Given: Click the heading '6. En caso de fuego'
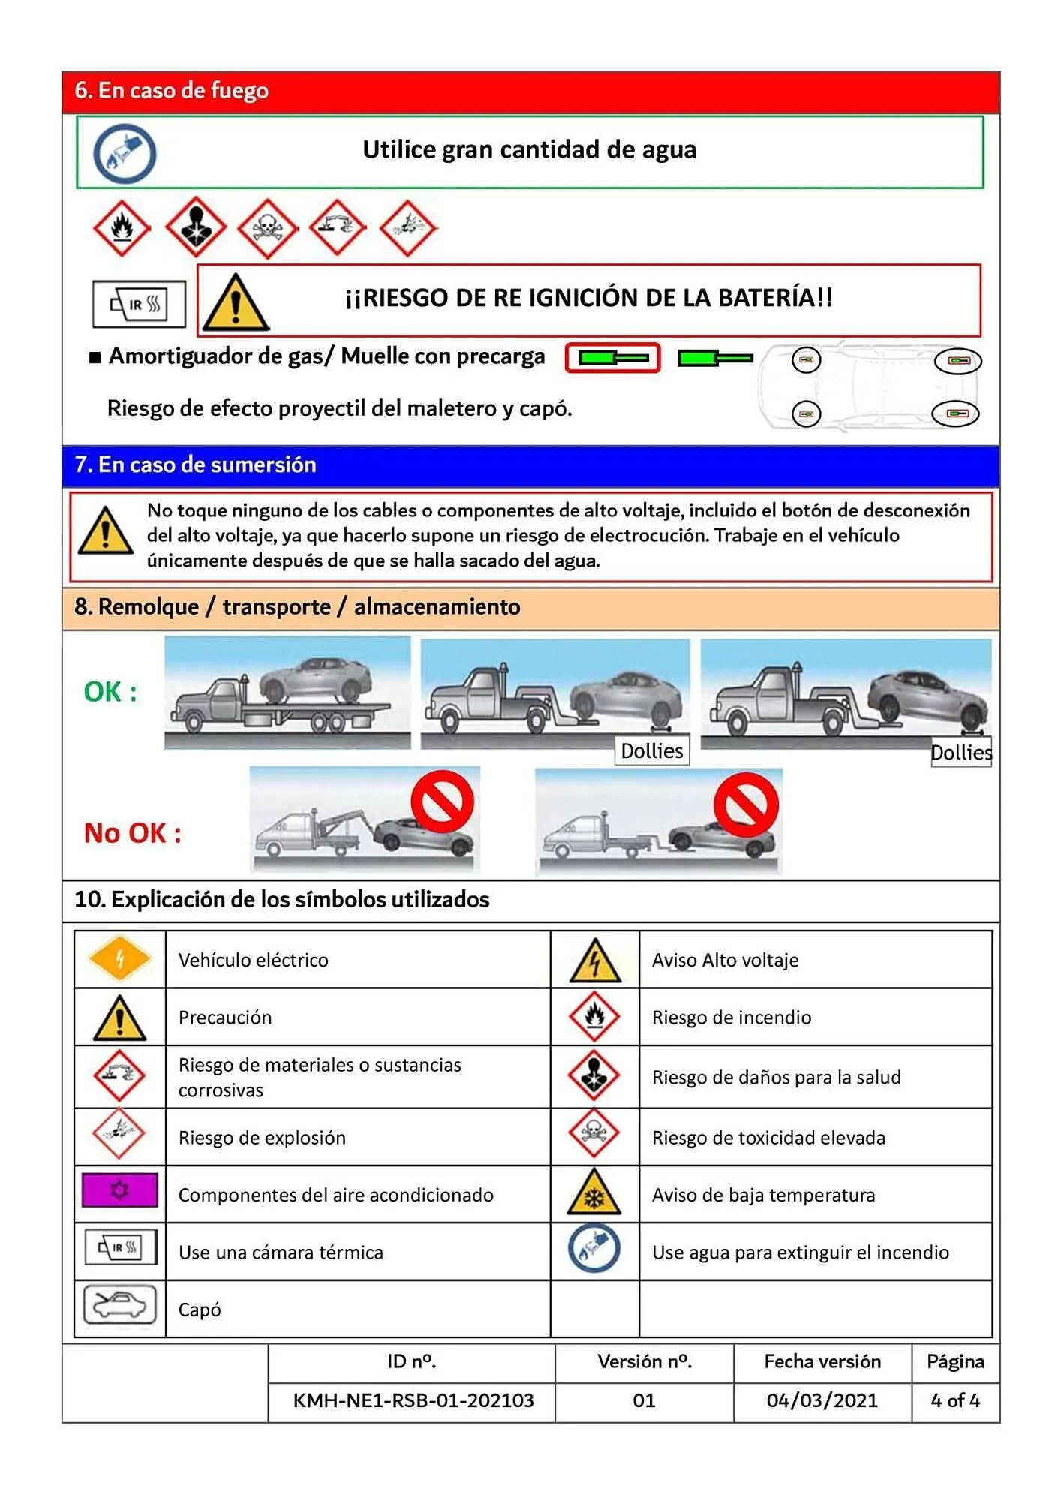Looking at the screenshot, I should click(171, 91).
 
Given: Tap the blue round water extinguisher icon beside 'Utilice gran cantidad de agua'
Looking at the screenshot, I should click(125, 154).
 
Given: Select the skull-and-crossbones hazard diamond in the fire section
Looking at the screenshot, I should click(267, 227).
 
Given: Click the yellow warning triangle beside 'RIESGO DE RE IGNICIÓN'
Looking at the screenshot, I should click(236, 303).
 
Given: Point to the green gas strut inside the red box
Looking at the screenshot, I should click(613, 358).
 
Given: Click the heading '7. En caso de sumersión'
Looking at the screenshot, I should click(195, 465).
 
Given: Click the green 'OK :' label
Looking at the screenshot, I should click(110, 692).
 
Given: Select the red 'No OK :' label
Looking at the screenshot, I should click(132, 833).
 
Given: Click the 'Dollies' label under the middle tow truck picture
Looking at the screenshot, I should click(651, 750).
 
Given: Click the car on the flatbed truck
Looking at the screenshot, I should click(316, 679).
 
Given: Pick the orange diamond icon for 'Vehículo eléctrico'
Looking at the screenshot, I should click(119, 958).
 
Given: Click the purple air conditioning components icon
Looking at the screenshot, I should click(120, 1190).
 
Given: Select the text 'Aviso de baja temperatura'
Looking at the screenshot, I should click(763, 1195).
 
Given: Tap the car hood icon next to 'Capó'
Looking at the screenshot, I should click(120, 1305).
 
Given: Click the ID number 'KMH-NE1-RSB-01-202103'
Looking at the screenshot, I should click(413, 1400).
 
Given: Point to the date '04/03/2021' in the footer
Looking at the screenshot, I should click(822, 1400).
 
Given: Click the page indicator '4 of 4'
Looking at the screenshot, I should click(954, 1400).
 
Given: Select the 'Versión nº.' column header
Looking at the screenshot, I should click(644, 1361).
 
